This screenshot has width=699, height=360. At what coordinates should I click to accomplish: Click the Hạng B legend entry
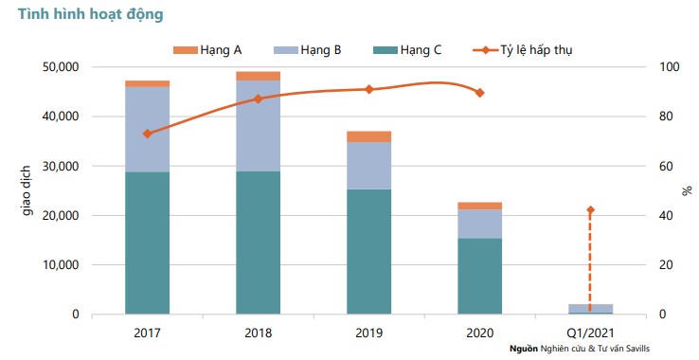pos(307,49)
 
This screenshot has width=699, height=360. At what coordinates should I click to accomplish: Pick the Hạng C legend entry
pos(407,49)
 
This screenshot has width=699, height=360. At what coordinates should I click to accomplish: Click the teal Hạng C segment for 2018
pos(258,242)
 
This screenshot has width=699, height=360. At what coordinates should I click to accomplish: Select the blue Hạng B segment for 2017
pos(147,129)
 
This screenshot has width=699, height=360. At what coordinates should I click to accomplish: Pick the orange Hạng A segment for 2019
pos(368,136)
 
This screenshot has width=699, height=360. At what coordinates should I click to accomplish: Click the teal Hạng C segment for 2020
pos(479,276)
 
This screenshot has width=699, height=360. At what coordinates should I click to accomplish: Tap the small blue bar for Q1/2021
pos(590,308)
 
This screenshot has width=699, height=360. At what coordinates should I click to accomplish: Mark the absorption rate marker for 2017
pos(147,134)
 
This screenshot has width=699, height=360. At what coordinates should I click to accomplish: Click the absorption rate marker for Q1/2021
pos(590,210)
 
